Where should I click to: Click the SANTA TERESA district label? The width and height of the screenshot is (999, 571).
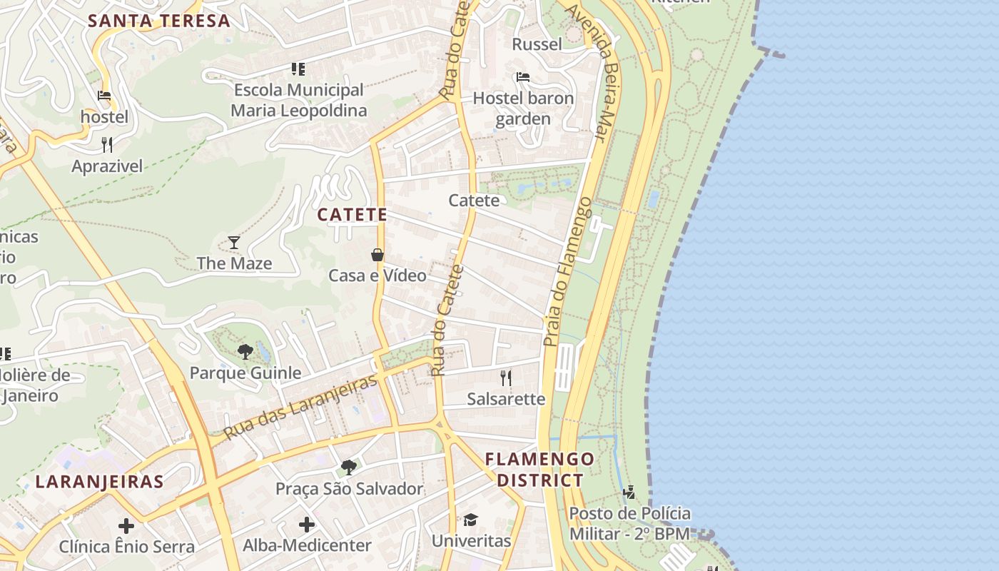[x=159, y=21]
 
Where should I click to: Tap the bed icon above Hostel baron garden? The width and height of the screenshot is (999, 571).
[x=523, y=77]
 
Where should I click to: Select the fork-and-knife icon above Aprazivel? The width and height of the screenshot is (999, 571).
[x=107, y=145]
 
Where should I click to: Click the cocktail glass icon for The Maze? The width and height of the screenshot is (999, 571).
[x=234, y=243]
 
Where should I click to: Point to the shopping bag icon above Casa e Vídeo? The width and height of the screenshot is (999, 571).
[x=377, y=255]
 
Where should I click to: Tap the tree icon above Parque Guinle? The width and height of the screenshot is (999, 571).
[x=245, y=351]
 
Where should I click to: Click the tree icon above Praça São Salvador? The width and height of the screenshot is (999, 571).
[x=349, y=468]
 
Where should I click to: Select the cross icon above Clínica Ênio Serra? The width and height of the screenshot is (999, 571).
[x=126, y=526]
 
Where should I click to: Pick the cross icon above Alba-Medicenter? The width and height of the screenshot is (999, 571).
[x=307, y=525]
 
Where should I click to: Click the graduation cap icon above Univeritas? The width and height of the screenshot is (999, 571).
[x=470, y=520]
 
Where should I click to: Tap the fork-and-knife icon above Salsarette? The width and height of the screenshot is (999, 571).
[x=506, y=378]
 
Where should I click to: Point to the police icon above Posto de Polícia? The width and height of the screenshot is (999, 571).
[x=629, y=492]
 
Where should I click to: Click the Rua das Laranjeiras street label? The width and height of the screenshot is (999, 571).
[x=300, y=408]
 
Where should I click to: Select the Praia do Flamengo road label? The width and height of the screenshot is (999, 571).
[x=568, y=271]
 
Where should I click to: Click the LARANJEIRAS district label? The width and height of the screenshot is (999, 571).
[x=100, y=482]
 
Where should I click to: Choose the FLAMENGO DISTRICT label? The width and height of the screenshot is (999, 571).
[x=540, y=469]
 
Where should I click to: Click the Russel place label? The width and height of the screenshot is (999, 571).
[x=537, y=44]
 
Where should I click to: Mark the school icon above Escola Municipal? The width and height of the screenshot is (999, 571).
[x=298, y=69]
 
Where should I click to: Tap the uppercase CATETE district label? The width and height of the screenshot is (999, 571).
[x=353, y=214]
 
